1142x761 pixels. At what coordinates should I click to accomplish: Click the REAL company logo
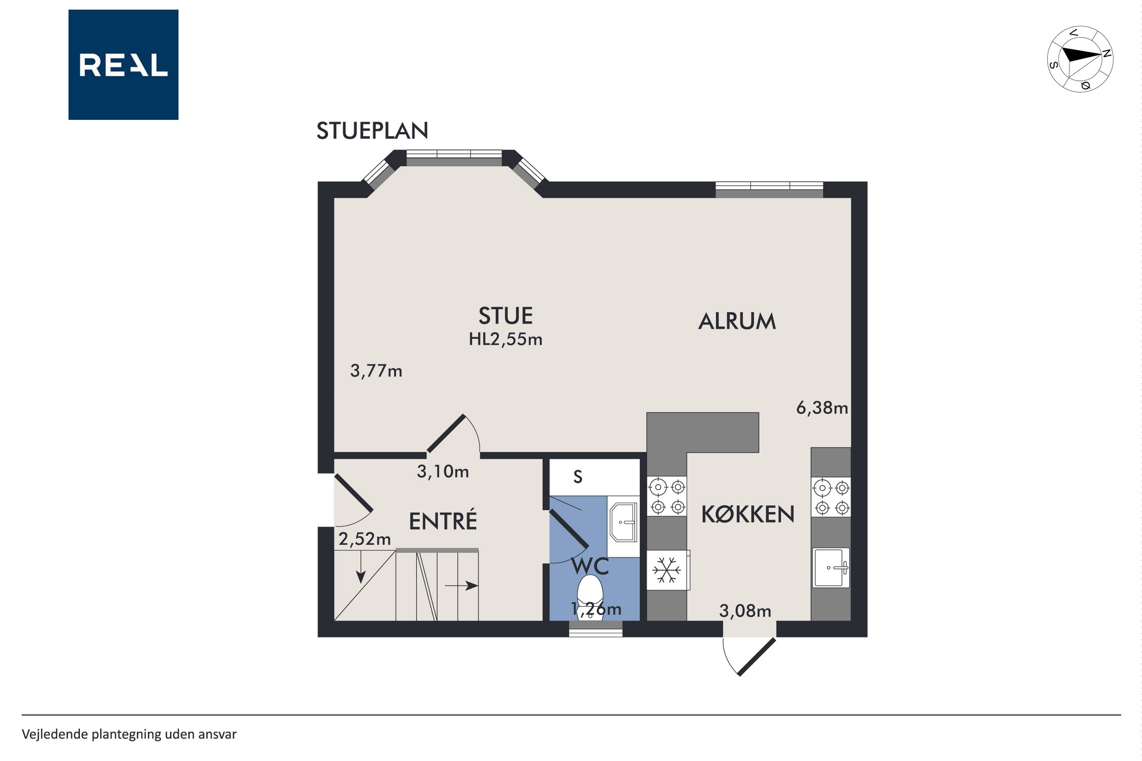[123, 65]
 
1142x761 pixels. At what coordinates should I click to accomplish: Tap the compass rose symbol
[1080, 59]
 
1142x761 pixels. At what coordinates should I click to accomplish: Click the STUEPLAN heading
[372, 131]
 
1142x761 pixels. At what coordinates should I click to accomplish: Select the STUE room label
[506, 316]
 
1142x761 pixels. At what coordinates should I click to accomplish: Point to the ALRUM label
[737, 321]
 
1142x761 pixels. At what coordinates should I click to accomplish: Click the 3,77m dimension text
[376, 371]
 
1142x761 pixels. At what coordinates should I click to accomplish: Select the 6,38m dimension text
[822, 408]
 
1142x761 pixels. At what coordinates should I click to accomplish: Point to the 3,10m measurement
[443, 471]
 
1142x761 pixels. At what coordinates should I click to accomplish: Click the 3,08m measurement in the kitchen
[745, 611]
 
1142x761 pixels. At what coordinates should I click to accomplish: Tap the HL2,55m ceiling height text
[506, 339]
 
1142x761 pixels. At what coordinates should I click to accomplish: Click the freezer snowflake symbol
[667, 570]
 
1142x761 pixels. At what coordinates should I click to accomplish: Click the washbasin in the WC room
[624, 522]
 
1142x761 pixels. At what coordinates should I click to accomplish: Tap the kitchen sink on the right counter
[831, 567]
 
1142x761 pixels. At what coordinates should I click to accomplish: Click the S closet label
[578, 477]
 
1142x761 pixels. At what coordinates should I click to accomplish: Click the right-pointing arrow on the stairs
[462, 586]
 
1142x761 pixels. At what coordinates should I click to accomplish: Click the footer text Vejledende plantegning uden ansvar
[129, 734]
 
